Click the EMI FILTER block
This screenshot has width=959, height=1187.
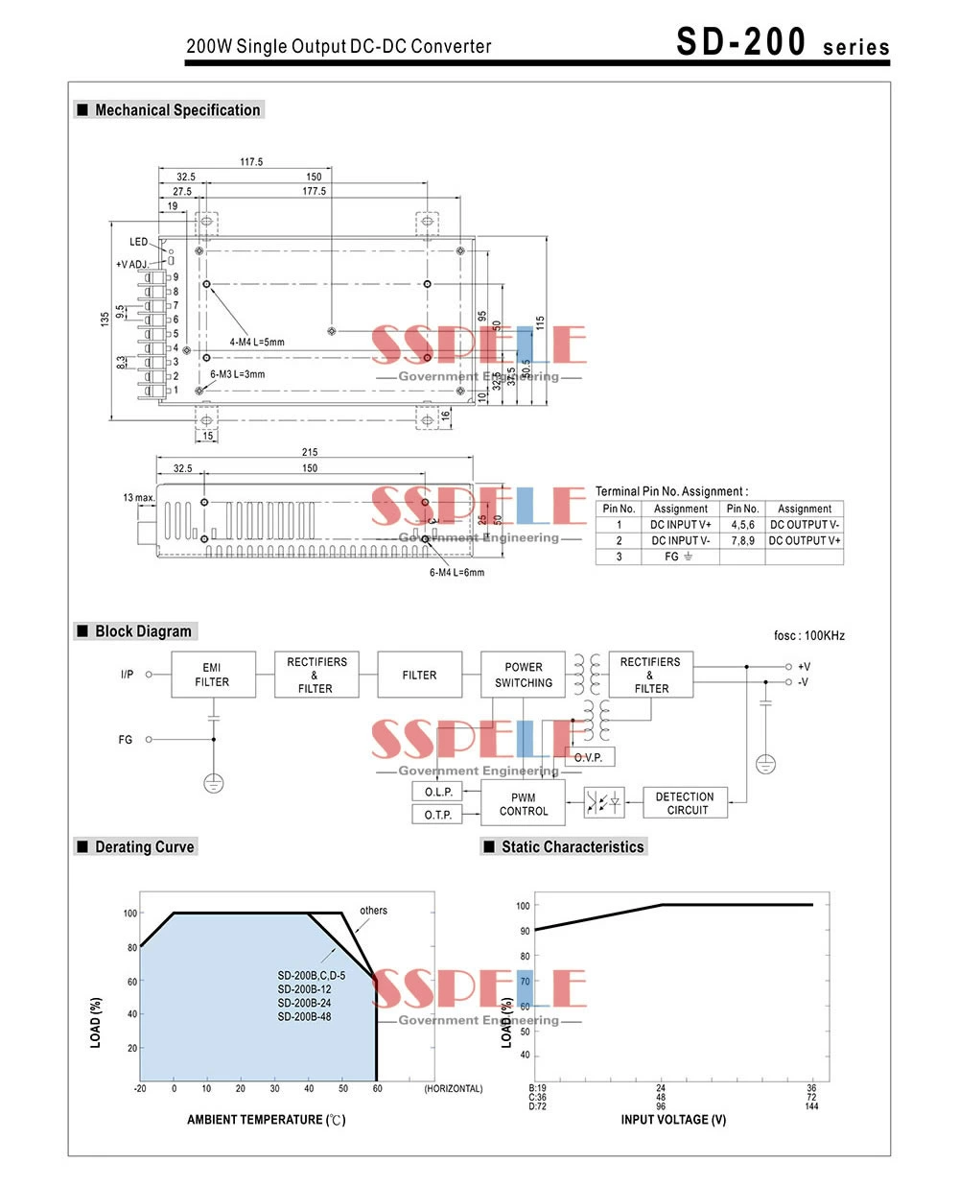click(x=212, y=675)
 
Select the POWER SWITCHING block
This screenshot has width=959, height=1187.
click(x=524, y=675)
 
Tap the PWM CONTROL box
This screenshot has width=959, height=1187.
click(x=524, y=804)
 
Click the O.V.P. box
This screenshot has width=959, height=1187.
click(x=588, y=757)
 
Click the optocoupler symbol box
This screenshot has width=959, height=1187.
click(x=604, y=802)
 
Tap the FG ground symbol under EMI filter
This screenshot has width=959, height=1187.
click(x=213, y=783)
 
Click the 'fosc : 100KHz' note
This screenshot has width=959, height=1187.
click(x=809, y=635)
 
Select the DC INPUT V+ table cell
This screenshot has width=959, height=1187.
click(x=680, y=525)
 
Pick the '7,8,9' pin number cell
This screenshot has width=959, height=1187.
click(x=742, y=540)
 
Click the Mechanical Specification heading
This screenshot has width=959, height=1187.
click(x=177, y=110)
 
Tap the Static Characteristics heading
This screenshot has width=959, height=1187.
click(x=572, y=846)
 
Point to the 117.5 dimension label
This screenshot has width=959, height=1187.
click(x=251, y=162)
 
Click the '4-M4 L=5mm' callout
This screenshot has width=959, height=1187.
click(x=256, y=342)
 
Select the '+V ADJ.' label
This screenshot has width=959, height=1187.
click(x=132, y=264)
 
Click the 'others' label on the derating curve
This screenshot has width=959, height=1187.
click(x=373, y=910)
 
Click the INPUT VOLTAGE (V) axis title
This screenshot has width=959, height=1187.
click(x=673, y=1120)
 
